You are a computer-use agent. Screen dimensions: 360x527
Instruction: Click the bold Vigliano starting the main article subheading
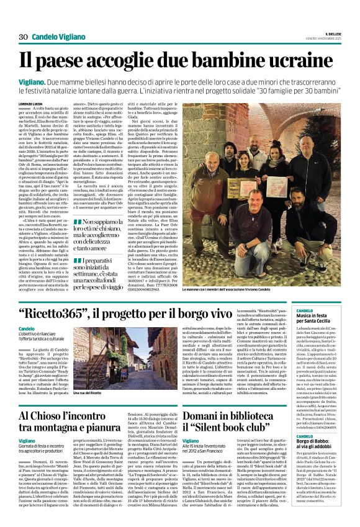(x=31, y=82)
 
